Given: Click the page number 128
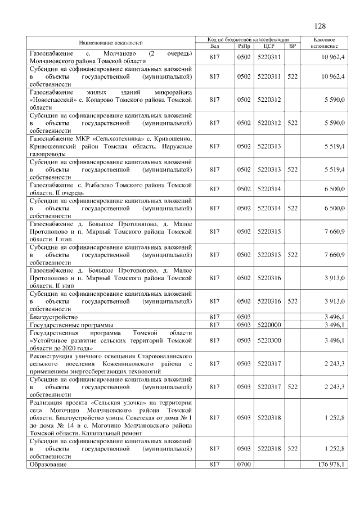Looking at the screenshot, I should tap(319, 26).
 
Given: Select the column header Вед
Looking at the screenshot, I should tap(214, 46).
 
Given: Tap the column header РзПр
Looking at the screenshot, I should tap(244, 46).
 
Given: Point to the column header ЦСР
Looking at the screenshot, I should tap(268, 46).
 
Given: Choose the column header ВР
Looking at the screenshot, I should tap(292, 46).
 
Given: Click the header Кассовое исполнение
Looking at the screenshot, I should tap(325, 43).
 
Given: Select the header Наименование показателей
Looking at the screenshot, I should tap(111, 43).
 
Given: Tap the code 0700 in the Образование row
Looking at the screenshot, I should tap(244, 465).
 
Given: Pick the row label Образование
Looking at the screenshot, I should tap(48, 465).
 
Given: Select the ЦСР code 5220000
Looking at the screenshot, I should tap(268, 325).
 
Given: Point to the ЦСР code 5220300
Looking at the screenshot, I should tap(268, 341).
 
